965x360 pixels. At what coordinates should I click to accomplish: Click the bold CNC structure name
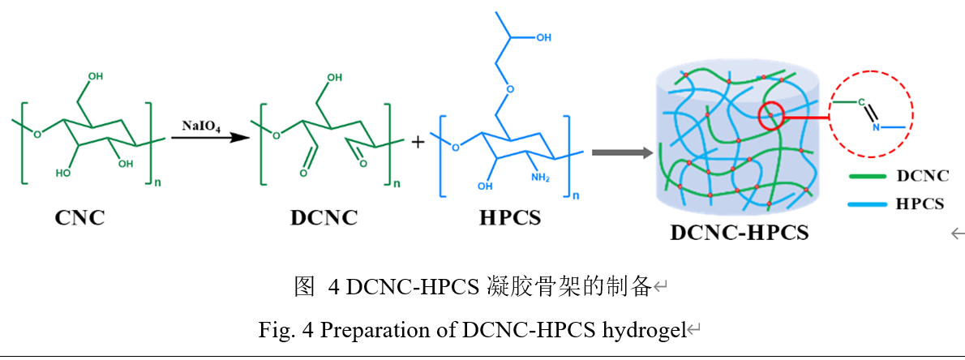pos(79,218)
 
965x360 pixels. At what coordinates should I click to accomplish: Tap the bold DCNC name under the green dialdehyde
pos(323,218)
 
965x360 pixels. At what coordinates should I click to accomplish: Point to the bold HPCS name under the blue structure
pos(510,218)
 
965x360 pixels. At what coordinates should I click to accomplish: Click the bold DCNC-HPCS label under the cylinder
pos(739,233)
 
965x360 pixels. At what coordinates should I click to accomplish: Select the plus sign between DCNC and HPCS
pos(418,143)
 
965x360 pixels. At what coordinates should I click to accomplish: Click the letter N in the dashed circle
pos(876,127)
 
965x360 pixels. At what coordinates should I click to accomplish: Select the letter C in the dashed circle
pos(864,104)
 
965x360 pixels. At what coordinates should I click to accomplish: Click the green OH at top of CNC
pos(96,76)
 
